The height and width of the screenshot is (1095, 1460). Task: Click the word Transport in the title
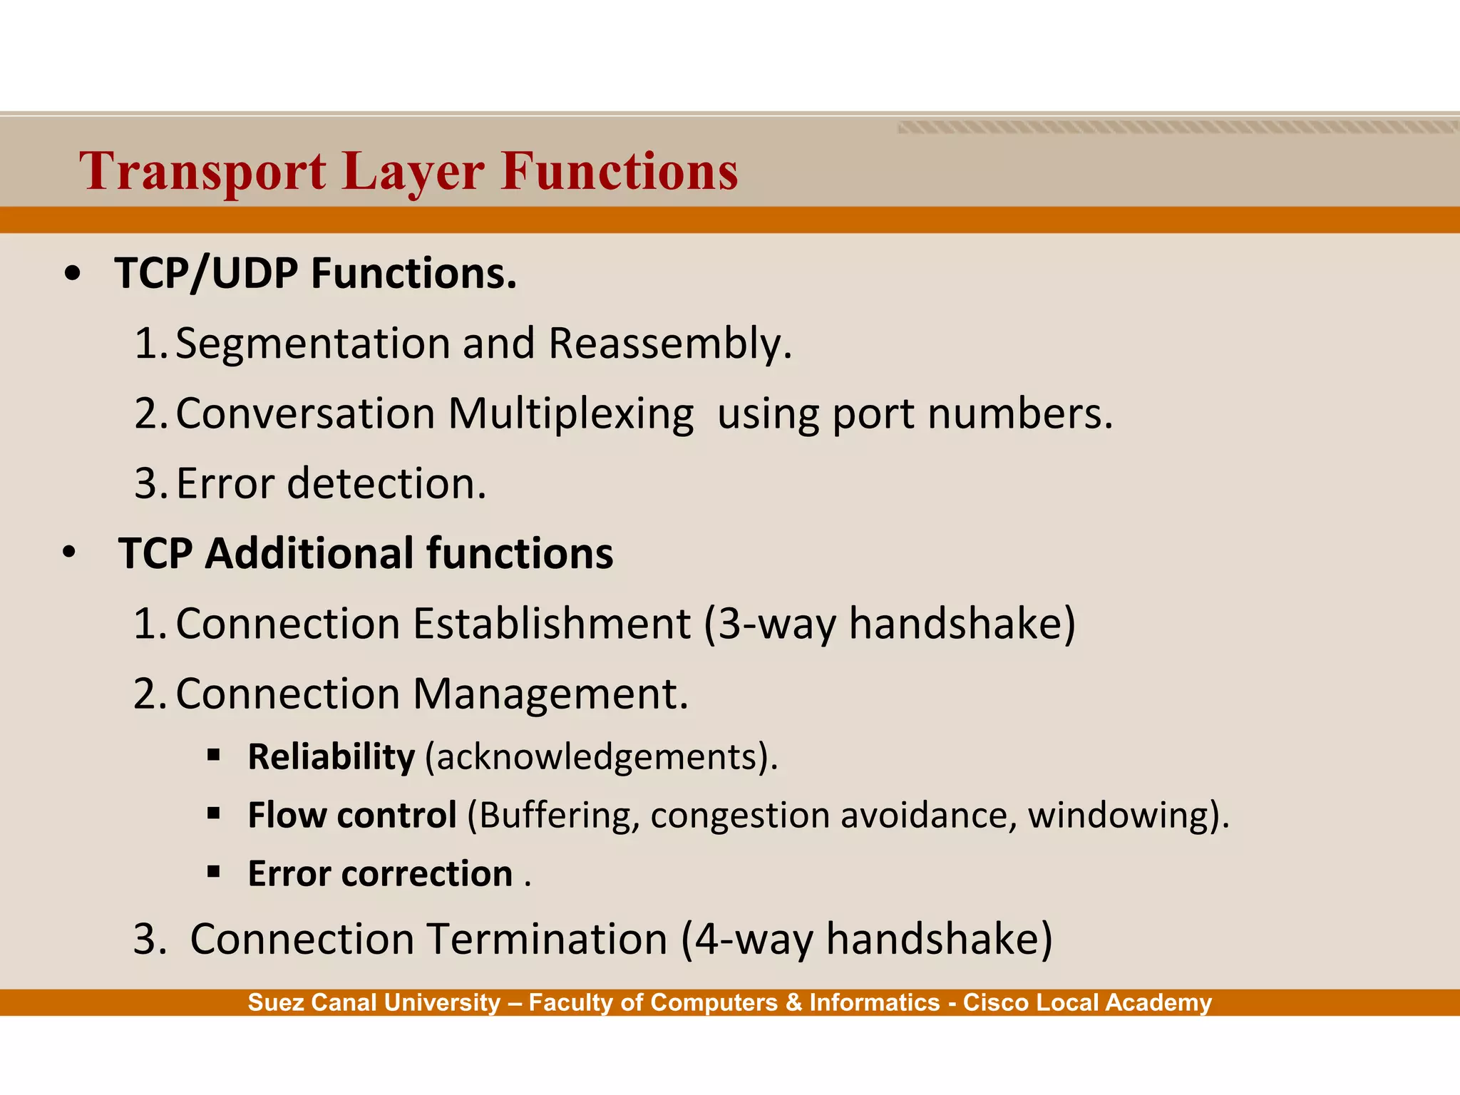coord(203,172)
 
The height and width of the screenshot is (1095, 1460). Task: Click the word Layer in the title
coord(413,172)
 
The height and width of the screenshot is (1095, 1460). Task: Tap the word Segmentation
coord(313,344)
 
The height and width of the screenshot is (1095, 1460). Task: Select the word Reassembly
coord(670,344)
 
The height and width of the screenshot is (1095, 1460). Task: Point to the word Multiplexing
coord(570,413)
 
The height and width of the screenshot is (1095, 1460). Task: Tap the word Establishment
coord(552,624)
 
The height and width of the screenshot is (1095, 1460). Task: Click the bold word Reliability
coord(331,756)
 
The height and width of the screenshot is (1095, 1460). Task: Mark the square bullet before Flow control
coord(213,813)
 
